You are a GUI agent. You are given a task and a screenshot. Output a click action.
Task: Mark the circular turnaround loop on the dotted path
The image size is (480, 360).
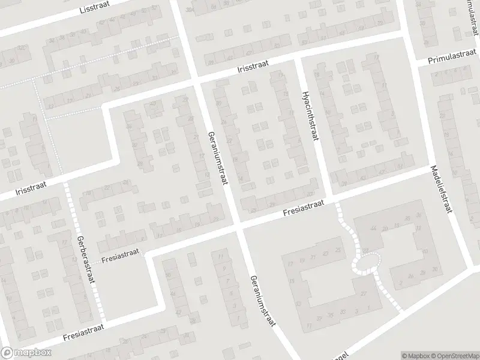[x=366, y=262]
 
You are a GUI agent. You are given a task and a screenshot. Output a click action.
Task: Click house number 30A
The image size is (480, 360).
[x=190, y=10]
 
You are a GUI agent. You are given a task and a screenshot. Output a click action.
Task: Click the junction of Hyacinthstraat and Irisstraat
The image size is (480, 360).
[x=296, y=58]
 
